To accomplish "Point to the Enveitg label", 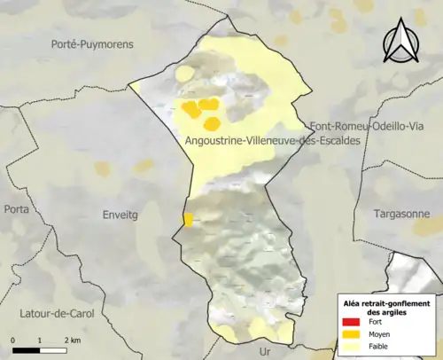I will click(x=121, y=215).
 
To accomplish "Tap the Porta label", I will click(x=16, y=209).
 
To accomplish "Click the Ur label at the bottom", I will click(x=264, y=351).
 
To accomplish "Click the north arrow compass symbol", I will click(x=403, y=43).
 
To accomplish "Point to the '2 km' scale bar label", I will click(x=74, y=340).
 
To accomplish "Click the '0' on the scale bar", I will click(x=13, y=340).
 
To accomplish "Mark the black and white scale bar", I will click(x=40, y=349).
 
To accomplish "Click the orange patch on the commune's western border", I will click(x=188, y=219).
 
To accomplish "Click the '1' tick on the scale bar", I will click(x=40, y=340).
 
